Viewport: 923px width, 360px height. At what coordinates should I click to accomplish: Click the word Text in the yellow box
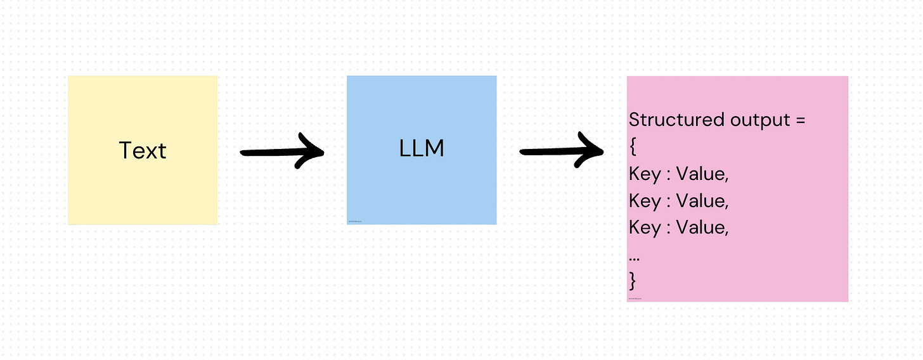click(143, 150)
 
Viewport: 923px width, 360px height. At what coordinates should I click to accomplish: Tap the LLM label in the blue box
click(422, 148)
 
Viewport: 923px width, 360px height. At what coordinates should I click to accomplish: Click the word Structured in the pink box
click(668, 120)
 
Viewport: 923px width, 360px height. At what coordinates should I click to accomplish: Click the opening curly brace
click(632, 147)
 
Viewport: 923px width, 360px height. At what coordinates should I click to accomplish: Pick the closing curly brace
click(632, 280)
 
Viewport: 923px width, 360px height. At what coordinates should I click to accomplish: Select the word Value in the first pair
click(702, 174)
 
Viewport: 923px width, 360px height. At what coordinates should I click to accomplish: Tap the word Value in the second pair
click(702, 200)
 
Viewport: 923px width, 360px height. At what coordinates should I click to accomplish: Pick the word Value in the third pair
click(702, 227)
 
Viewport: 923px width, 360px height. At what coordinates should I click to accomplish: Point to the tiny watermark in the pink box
click(635, 298)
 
